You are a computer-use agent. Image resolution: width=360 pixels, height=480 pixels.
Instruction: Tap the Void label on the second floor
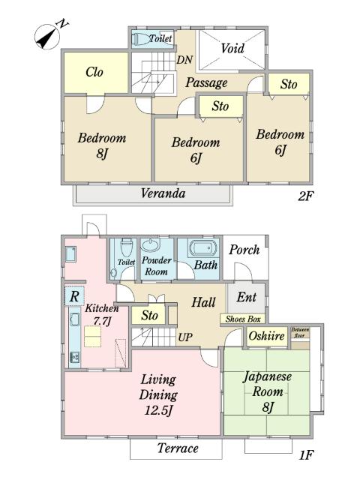[232, 48]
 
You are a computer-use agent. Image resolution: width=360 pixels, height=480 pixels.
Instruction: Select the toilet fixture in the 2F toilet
[139, 39]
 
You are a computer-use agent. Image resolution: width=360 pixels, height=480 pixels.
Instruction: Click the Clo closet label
[94, 72]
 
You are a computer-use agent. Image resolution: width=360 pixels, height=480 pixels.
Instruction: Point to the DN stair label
[184, 60]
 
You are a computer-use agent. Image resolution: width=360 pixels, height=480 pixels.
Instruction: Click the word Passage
[206, 83]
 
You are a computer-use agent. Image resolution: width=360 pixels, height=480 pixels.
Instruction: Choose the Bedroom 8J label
[102, 145]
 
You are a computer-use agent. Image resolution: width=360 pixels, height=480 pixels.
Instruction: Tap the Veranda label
[163, 193]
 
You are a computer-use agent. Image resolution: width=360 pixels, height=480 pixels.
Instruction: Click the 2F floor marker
[306, 196]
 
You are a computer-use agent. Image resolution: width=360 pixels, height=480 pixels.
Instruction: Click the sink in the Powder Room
[151, 245]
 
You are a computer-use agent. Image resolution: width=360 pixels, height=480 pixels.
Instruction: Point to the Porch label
[244, 250]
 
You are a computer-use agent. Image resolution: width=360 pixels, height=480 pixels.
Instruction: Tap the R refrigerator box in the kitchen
[74, 296]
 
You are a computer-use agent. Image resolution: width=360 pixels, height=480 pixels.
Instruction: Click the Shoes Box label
[243, 319]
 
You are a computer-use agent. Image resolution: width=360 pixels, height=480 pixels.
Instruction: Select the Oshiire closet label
[267, 336]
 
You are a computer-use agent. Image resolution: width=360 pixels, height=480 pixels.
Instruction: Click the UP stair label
[185, 337]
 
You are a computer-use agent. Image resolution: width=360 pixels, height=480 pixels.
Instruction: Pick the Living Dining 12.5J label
[158, 395]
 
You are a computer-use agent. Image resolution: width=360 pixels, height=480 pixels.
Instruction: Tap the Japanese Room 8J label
[267, 392]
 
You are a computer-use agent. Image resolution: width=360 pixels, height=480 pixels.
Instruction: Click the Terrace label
[178, 448]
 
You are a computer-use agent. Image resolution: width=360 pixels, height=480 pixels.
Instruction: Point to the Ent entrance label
[247, 297]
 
